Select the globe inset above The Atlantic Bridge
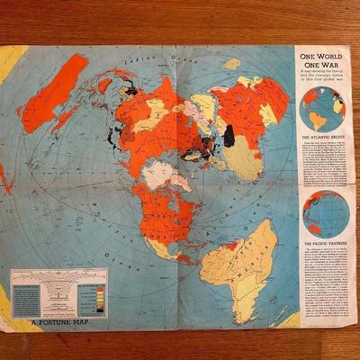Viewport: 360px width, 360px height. tap(323, 108)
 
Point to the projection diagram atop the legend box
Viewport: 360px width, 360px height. tap(59, 279)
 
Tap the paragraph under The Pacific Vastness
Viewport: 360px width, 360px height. tap(323, 288)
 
